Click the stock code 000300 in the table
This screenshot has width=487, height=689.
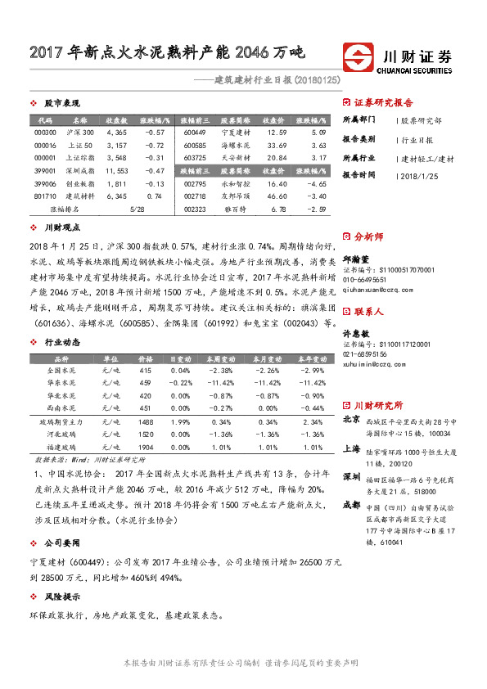tap(46, 132)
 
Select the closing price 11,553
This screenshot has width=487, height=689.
tap(117, 170)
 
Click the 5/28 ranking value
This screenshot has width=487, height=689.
tap(137, 209)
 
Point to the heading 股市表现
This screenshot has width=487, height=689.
tap(61, 103)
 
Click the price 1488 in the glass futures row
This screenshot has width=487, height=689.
tap(146, 421)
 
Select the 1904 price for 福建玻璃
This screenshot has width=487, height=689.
tap(146, 448)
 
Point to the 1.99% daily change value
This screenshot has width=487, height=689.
tap(180, 421)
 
